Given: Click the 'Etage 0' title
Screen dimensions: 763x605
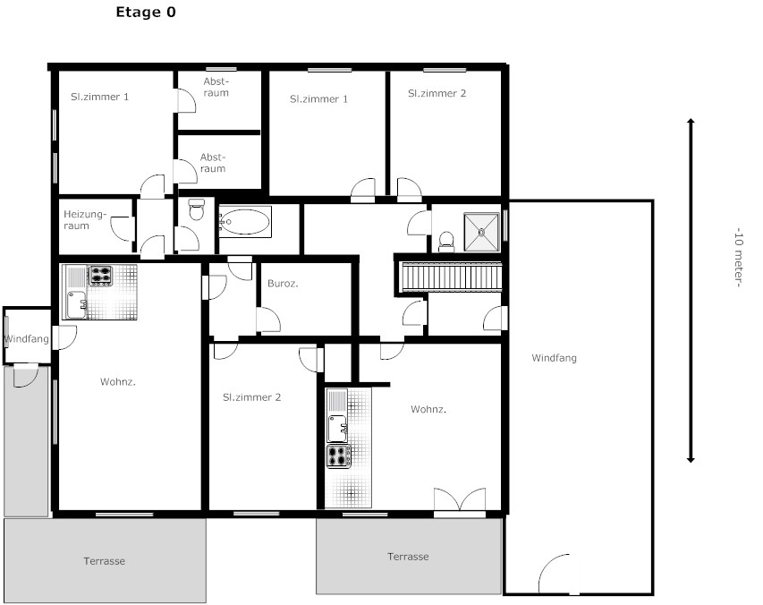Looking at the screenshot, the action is point(146,13).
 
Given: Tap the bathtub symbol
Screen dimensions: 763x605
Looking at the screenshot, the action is point(245,222).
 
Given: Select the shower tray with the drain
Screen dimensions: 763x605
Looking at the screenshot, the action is point(481,232).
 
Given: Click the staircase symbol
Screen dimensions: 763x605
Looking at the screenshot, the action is point(451,277).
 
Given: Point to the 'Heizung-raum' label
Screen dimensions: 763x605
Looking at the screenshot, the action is point(85,220).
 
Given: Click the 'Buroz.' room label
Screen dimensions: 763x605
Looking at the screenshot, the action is point(283,284).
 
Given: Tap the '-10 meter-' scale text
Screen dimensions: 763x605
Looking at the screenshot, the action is point(738,258).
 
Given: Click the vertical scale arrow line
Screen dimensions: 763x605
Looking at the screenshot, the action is point(691,291).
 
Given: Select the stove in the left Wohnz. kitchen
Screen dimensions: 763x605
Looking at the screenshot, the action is point(100,276).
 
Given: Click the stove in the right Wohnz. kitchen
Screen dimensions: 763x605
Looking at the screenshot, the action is point(339,456).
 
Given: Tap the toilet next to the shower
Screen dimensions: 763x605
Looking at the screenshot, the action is point(446,242).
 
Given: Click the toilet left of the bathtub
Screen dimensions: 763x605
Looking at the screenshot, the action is point(197,209).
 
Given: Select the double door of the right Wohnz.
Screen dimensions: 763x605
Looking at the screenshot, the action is point(460,500).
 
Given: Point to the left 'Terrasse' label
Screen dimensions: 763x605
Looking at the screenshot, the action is point(104,561).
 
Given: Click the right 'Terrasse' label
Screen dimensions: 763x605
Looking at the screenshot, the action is point(408,557).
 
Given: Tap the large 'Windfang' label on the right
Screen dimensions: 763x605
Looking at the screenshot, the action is point(554,358).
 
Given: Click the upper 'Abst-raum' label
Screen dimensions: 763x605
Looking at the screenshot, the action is point(216,87).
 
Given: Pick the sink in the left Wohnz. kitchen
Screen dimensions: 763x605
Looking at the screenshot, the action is point(77,304).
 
